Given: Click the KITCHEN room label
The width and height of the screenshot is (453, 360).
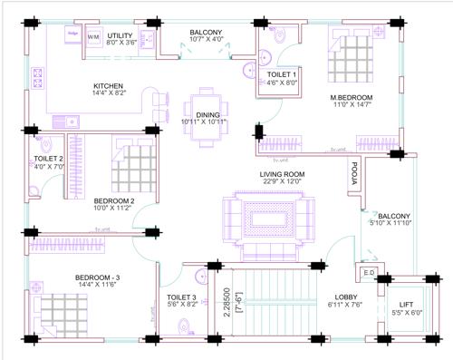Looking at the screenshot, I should [x=108, y=88].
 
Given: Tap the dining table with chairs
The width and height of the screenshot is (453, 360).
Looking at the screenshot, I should [x=206, y=113].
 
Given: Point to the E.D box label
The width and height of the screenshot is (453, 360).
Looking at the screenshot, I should [x=369, y=272].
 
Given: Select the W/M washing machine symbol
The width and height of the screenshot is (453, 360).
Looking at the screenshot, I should [x=93, y=37].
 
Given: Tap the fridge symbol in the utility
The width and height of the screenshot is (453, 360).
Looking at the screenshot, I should [x=72, y=35].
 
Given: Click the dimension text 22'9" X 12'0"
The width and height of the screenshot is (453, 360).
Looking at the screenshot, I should [x=282, y=182].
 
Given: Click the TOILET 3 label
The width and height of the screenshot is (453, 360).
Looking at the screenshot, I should [x=181, y=297].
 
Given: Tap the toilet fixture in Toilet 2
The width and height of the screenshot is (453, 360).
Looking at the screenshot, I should [x=45, y=145].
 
